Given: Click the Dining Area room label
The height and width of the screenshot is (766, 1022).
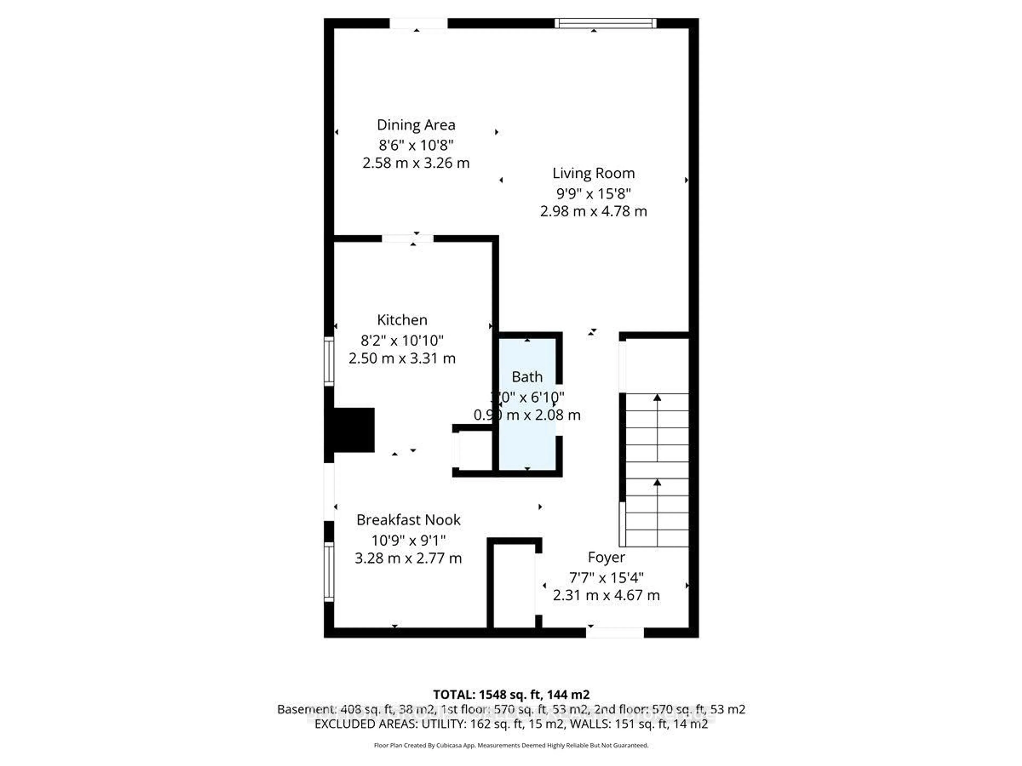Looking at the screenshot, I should pyautogui.click(x=416, y=125).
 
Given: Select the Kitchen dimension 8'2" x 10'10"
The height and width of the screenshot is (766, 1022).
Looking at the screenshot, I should pyautogui.click(x=402, y=340).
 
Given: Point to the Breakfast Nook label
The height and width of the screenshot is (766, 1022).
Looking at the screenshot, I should pyautogui.click(x=409, y=520).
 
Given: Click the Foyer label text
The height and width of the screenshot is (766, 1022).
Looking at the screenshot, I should pyautogui.click(x=606, y=557).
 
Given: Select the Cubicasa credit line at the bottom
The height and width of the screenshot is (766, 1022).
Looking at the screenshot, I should pyautogui.click(x=511, y=745).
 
